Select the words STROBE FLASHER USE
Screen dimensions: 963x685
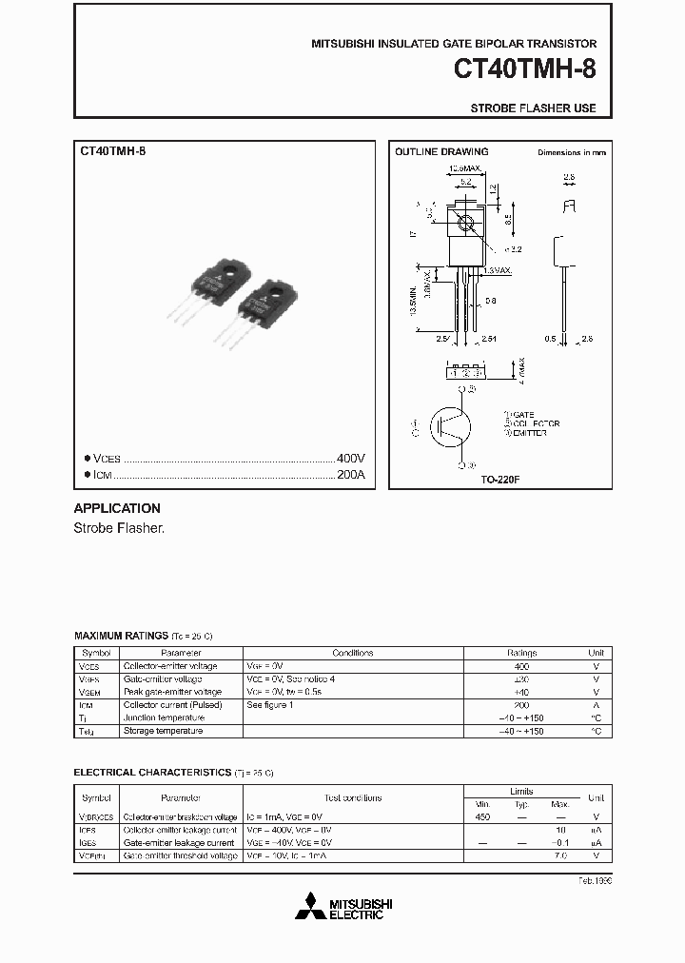534,108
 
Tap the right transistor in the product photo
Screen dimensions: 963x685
265,305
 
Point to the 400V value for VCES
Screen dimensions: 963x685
351,458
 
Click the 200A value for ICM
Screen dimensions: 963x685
351,475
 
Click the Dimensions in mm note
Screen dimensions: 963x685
571,152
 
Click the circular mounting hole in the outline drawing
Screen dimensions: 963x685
466,225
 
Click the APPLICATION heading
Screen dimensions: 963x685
117,508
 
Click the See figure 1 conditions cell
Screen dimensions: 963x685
270,705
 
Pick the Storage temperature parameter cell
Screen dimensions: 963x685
163,731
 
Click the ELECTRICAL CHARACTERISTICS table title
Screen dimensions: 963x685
152,773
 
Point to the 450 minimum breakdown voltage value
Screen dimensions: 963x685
482,816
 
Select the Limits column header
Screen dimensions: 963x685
521,791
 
